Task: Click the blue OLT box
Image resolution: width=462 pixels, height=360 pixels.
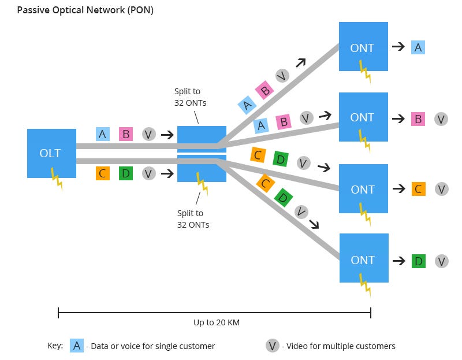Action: click(x=51, y=153)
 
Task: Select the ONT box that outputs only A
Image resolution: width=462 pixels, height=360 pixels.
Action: click(x=363, y=47)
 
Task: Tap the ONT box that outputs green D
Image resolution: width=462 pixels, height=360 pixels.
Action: click(x=363, y=258)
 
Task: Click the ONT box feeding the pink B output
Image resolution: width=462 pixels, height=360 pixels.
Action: click(x=363, y=117)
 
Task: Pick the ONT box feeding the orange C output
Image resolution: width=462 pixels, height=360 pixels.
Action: click(x=363, y=189)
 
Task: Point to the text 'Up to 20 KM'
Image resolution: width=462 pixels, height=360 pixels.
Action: click(x=216, y=323)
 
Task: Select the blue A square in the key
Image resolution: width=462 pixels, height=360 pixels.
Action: click(x=77, y=346)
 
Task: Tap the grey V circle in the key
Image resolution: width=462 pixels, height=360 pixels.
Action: click(x=273, y=346)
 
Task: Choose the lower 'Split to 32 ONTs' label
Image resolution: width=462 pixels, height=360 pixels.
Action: click(x=193, y=219)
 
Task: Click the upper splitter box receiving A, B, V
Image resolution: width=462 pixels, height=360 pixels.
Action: click(x=202, y=139)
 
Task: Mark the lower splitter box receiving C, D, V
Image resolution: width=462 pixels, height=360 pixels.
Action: click(x=202, y=168)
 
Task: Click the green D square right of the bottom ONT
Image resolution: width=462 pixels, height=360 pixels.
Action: click(x=418, y=261)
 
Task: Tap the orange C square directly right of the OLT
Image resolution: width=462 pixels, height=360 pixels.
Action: click(x=102, y=173)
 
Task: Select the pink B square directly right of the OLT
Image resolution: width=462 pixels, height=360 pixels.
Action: click(x=126, y=134)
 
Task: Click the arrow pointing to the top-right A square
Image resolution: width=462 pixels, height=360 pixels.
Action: click(x=398, y=47)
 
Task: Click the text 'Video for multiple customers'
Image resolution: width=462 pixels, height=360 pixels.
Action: click(x=341, y=346)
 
